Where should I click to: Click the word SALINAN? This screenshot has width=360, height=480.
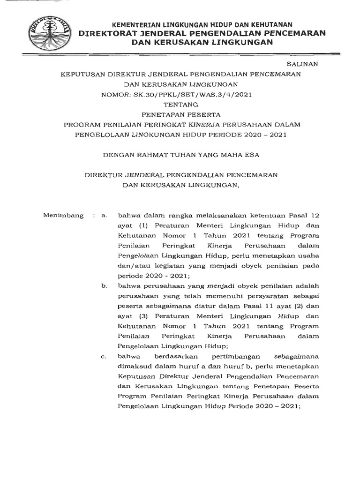click(x=302, y=63)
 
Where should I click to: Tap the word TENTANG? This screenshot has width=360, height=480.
click(x=180, y=105)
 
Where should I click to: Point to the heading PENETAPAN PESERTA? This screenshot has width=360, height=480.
click(x=180, y=114)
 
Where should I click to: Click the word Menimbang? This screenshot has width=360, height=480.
click(x=63, y=216)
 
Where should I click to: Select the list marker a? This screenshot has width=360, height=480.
click(x=104, y=216)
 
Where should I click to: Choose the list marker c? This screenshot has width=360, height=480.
click(x=104, y=357)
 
